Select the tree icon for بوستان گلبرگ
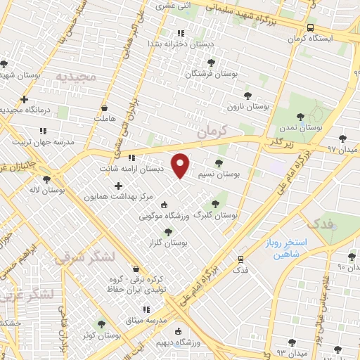215,204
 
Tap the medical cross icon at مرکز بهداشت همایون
118,186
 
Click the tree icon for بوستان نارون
247,96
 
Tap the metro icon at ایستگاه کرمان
310,27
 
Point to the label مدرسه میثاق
146,320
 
